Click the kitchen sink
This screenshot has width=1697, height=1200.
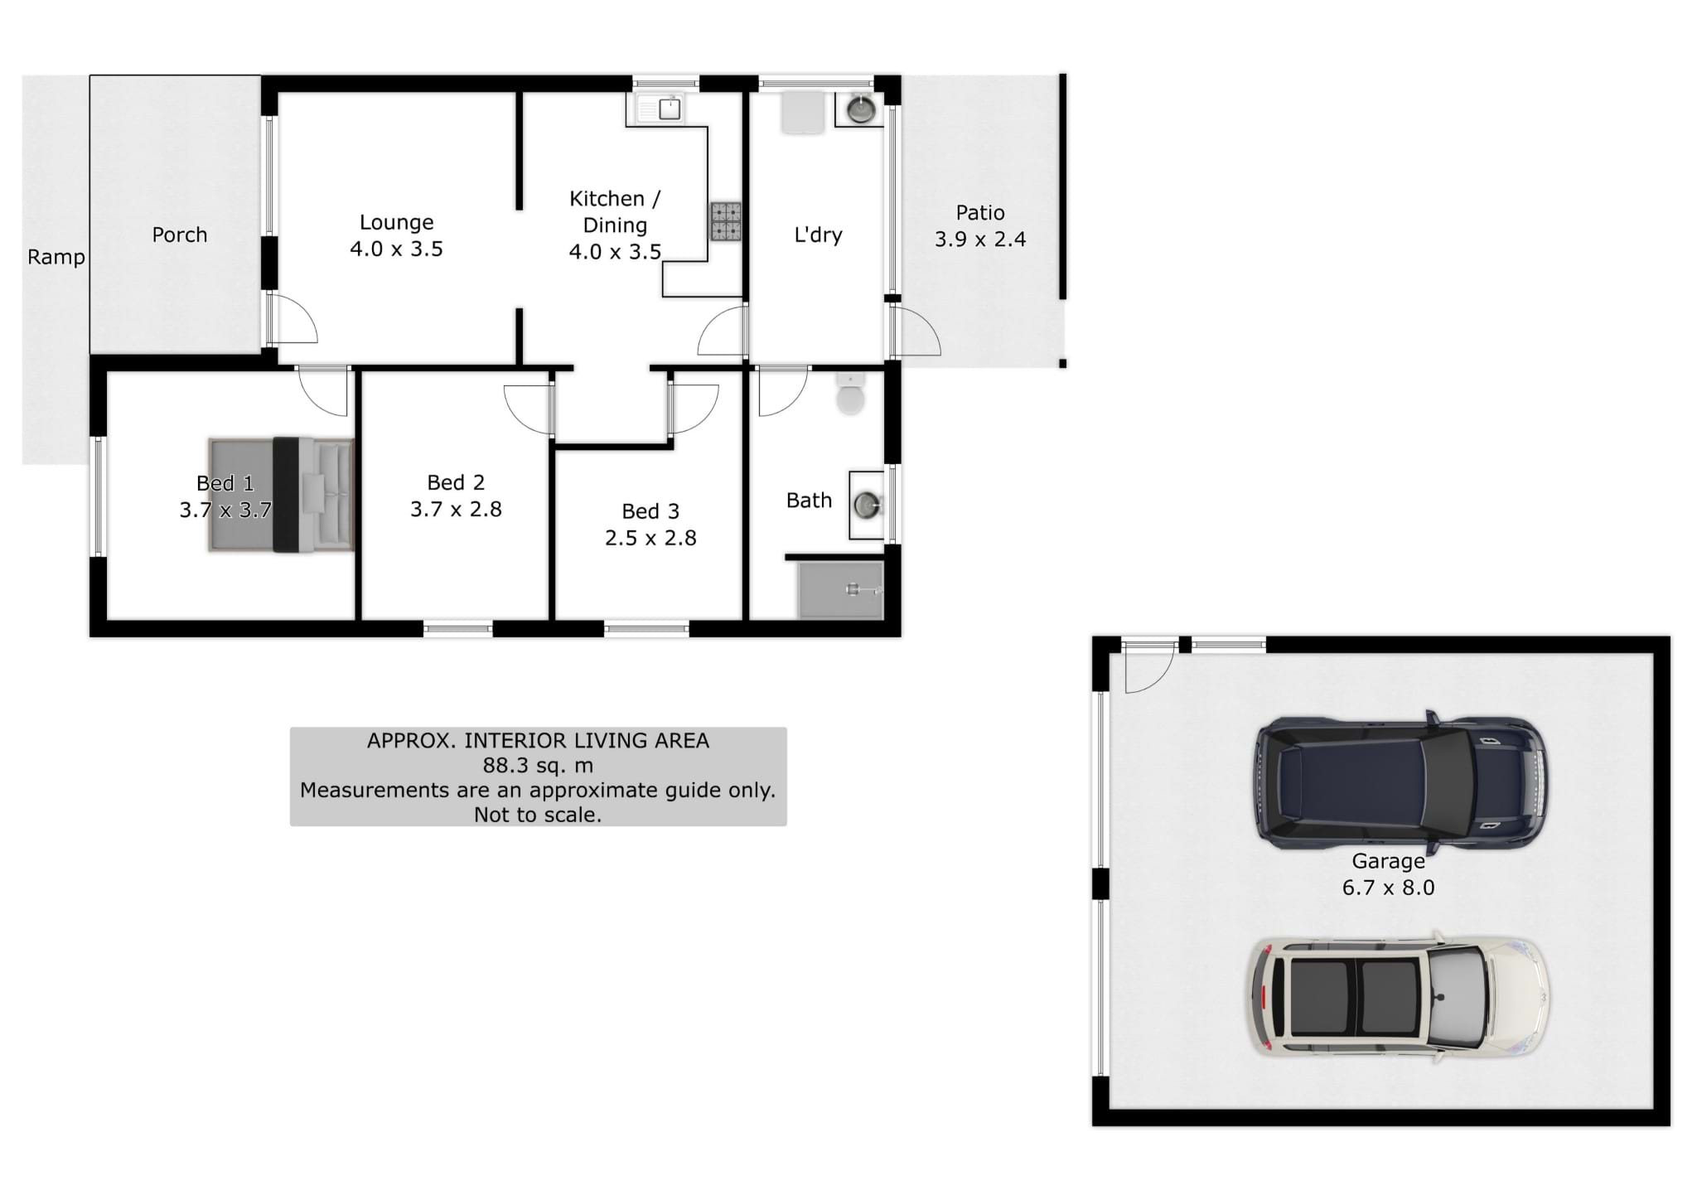(660, 109)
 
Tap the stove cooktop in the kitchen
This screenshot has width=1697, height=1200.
(726, 221)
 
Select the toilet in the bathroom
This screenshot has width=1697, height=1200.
(850, 394)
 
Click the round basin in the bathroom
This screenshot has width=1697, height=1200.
(867, 504)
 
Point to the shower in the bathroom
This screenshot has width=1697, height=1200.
(840, 589)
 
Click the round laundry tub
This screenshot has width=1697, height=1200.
(860, 109)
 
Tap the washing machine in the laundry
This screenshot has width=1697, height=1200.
(804, 112)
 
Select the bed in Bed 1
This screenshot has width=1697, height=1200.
(281, 494)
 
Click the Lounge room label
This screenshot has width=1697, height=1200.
(396, 222)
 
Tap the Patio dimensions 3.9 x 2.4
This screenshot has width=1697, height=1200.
(980, 240)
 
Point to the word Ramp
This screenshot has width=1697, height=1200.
(56, 258)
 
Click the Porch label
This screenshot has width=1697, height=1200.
(180, 235)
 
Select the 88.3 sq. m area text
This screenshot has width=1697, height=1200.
(538, 765)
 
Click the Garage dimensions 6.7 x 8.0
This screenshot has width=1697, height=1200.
(1388, 888)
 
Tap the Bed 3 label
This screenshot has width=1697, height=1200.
(650, 511)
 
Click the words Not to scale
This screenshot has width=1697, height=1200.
(538, 815)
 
